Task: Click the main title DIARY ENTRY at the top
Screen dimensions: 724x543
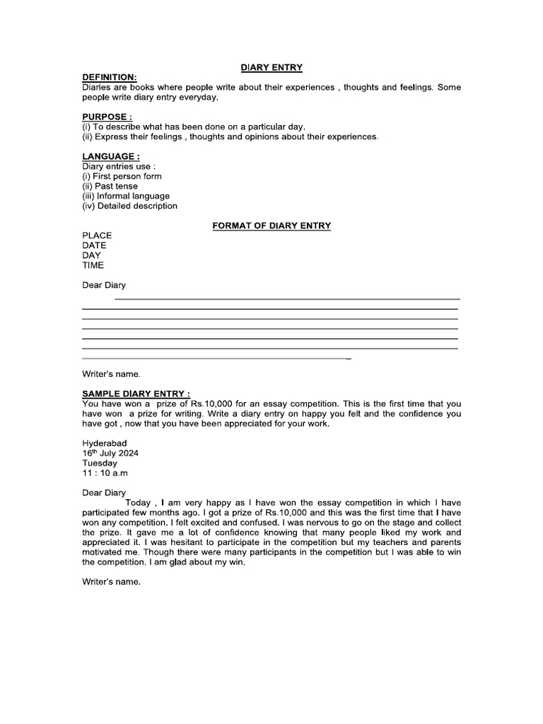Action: click(271, 67)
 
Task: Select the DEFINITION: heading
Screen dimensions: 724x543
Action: click(110, 77)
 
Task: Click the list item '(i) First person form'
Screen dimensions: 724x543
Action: click(122, 176)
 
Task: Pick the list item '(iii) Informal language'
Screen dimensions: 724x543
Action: click(126, 196)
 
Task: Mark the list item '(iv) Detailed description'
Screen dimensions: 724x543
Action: click(130, 206)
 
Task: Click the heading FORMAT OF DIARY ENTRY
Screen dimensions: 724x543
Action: click(271, 226)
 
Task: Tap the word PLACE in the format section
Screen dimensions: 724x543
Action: click(97, 235)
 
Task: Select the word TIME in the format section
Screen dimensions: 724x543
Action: click(93, 265)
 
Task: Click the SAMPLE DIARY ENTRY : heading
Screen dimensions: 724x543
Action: click(136, 394)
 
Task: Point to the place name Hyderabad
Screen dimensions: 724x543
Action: click(105, 443)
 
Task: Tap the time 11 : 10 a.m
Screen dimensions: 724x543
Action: click(105, 473)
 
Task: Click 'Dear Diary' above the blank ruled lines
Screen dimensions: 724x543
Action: click(104, 285)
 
